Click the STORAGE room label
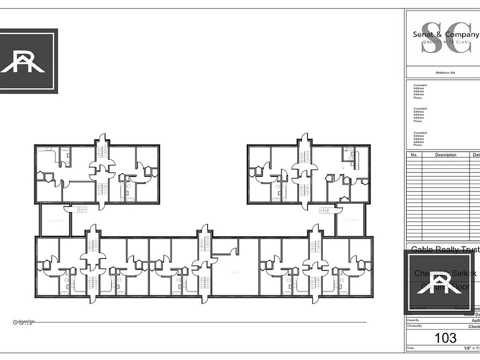[55, 220]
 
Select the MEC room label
[234, 272]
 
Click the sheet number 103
[445, 338]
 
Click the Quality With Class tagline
[446, 42]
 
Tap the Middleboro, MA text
[445, 72]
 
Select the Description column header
[445, 155]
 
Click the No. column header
[413, 155]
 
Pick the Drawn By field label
[413, 320]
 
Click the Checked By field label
[414, 326]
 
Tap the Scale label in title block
[410, 348]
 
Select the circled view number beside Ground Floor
[15, 322]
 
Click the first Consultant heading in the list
[420, 85]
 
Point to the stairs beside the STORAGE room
[79, 210]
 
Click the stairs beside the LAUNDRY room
[326, 210]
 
